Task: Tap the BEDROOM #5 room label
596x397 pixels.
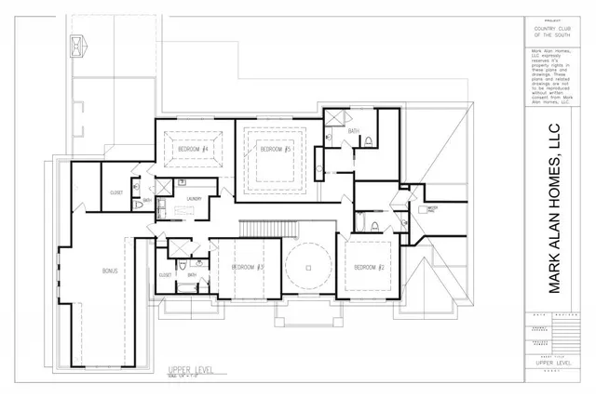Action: [x=276, y=150]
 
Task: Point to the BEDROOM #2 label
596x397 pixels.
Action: [x=370, y=268]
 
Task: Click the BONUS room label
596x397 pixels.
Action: [x=109, y=271]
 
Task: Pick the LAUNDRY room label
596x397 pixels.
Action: [x=195, y=198]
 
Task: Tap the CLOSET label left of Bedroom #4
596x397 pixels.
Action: [x=116, y=192]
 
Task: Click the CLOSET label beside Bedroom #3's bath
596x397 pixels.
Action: [x=164, y=275]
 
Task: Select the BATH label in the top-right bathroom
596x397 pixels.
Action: [x=354, y=131]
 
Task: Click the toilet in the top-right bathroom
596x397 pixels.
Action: [x=369, y=142]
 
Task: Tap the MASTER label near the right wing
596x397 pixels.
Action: [x=431, y=209]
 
